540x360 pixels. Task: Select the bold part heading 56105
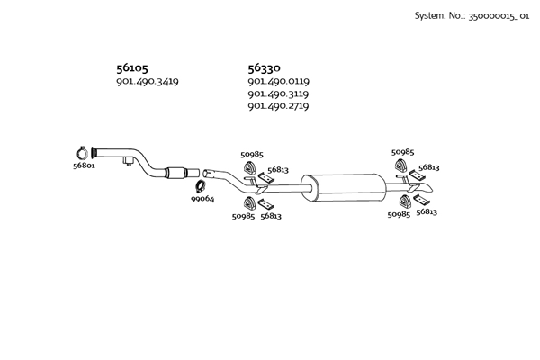pyautogui.click(x=132, y=67)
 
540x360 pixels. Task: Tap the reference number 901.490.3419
pyautogui.click(x=148, y=82)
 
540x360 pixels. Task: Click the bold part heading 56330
pyautogui.click(x=264, y=67)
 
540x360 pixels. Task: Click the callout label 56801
pyautogui.click(x=84, y=166)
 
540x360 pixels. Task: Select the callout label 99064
pyautogui.click(x=202, y=199)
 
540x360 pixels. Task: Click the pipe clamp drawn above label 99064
pyautogui.click(x=203, y=186)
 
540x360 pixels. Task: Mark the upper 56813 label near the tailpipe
pyautogui.click(x=428, y=167)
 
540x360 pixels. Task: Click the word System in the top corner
pyautogui.click(x=428, y=16)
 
